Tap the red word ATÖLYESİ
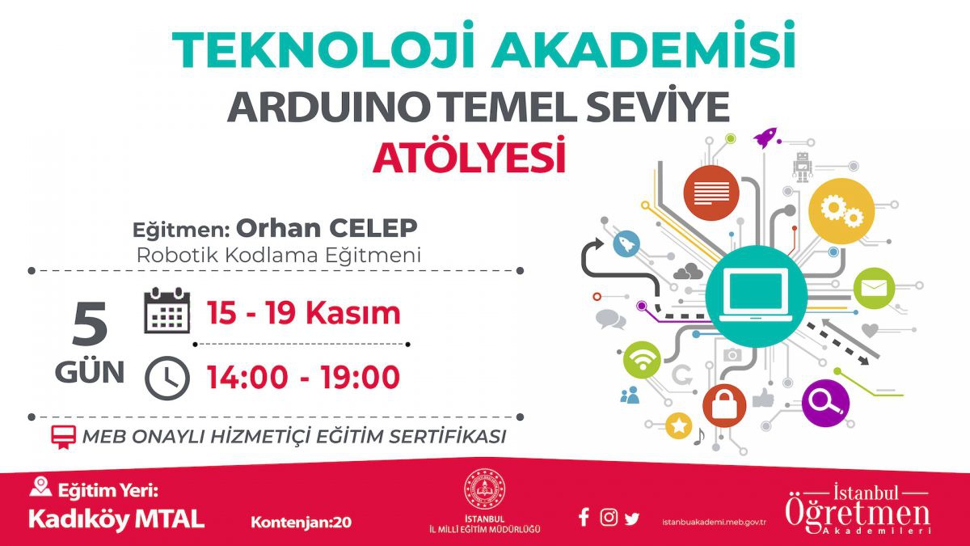pyautogui.click(x=470, y=155)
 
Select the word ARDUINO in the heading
pyautogui.click(x=325, y=107)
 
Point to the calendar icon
pyautogui.click(x=167, y=311)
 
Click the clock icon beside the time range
pyautogui.click(x=167, y=378)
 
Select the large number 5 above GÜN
pyautogui.click(x=90, y=324)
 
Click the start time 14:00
pyautogui.click(x=247, y=377)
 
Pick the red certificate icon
pyautogui.click(x=64, y=437)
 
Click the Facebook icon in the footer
pyautogui.click(x=584, y=517)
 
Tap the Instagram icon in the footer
pyautogui.click(x=609, y=518)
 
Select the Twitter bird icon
pyautogui.click(x=632, y=518)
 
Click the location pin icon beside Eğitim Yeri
pyautogui.click(x=40, y=487)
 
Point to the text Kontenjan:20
pyautogui.click(x=302, y=523)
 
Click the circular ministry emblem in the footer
pyautogui.click(x=485, y=489)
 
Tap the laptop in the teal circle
pyautogui.click(x=756, y=295)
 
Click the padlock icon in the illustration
pyautogui.click(x=724, y=405)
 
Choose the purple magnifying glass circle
pyautogui.click(x=825, y=403)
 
